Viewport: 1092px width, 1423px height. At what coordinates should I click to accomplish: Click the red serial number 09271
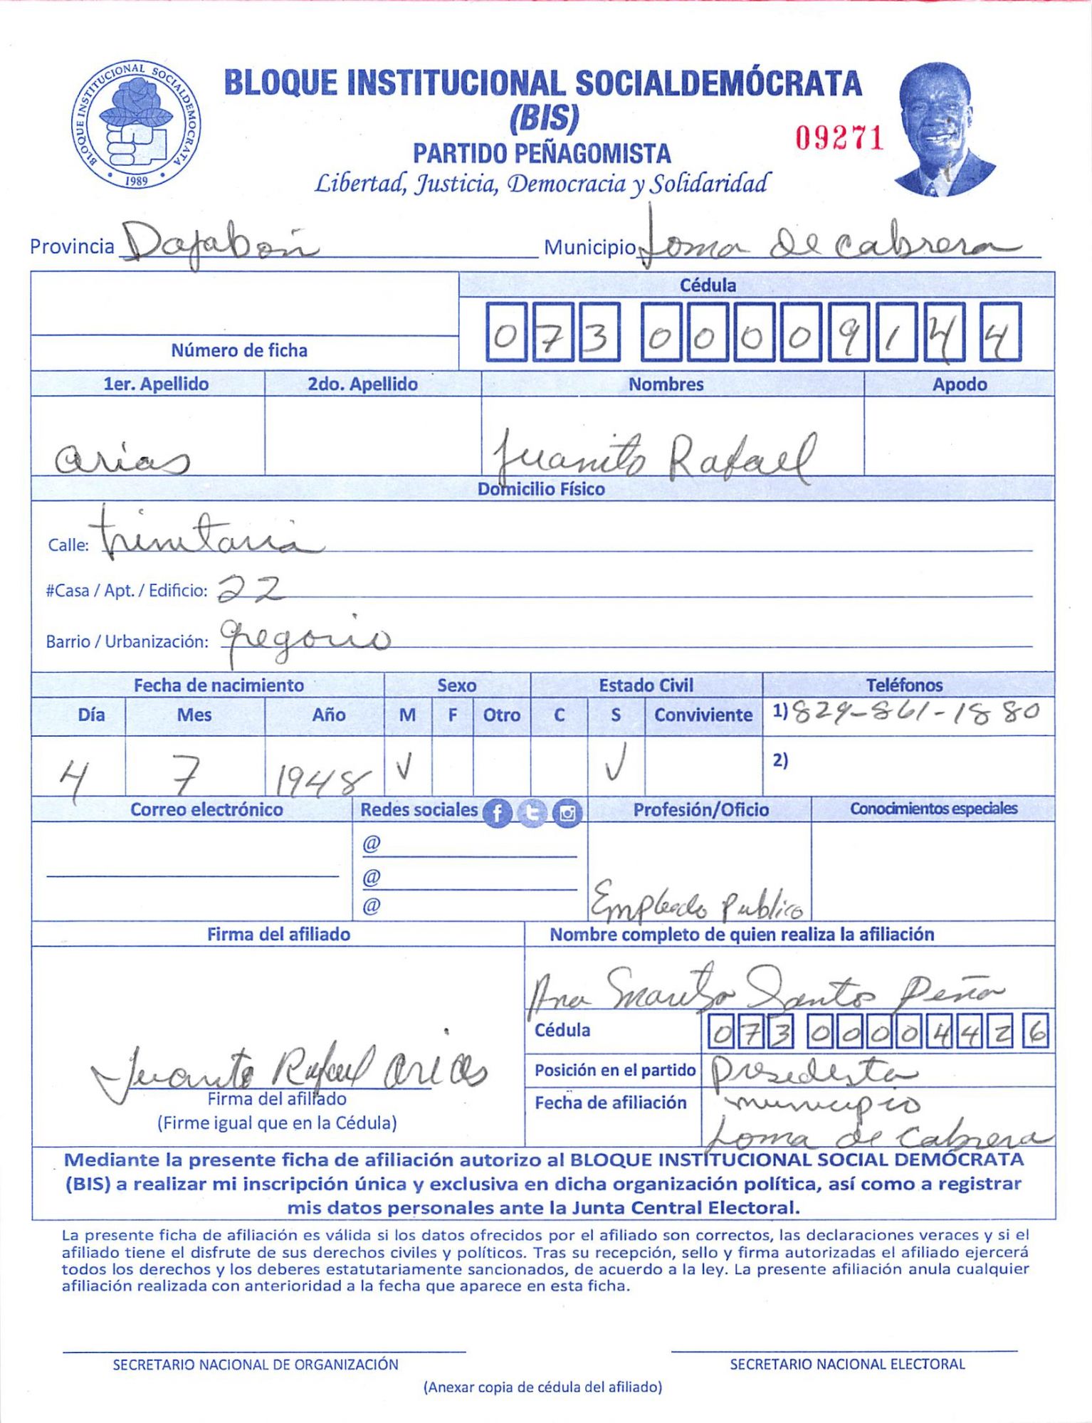point(839,138)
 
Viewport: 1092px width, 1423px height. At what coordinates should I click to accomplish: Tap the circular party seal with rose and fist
point(135,125)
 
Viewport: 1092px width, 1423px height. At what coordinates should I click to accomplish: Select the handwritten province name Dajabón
point(217,242)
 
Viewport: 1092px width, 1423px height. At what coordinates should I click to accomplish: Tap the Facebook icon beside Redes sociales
point(498,812)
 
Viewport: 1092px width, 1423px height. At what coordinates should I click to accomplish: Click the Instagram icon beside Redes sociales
point(567,812)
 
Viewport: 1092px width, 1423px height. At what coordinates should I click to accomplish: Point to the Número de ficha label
point(239,350)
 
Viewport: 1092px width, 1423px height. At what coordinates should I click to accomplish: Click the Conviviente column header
point(703,715)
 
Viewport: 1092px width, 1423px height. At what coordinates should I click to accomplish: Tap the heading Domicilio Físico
point(541,489)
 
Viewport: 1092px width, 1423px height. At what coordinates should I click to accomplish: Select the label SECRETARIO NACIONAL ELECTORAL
point(847,1364)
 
